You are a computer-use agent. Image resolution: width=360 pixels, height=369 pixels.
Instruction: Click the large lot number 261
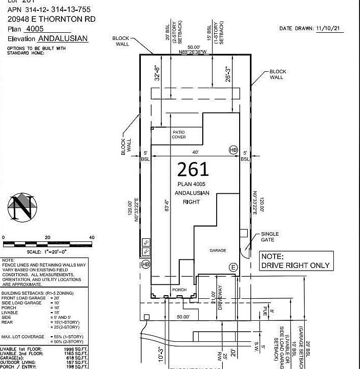[x=193, y=170]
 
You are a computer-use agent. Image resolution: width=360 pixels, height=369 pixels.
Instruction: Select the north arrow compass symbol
[x=23, y=208]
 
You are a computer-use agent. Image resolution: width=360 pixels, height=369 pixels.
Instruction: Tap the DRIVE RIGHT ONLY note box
[x=296, y=261]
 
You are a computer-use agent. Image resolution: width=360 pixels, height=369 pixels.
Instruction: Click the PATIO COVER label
[x=179, y=135]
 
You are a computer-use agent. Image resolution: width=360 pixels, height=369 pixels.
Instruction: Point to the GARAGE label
[x=218, y=251]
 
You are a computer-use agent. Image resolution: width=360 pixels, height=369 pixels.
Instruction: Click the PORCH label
[x=179, y=290]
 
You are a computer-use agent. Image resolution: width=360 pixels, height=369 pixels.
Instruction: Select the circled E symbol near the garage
[x=234, y=267]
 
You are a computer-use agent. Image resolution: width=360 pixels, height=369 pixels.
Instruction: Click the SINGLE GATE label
[x=270, y=237]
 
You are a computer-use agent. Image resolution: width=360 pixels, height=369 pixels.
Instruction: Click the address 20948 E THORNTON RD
[x=51, y=19]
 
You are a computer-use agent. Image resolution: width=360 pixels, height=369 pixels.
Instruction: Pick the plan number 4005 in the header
[x=34, y=29]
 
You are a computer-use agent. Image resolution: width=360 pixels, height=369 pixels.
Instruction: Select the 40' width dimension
[x=194, y=152]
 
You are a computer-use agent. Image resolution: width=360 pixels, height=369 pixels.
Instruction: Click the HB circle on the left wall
[x=145, y=264]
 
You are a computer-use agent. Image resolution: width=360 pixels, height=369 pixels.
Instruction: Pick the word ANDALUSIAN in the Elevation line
[x=63, y=38]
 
